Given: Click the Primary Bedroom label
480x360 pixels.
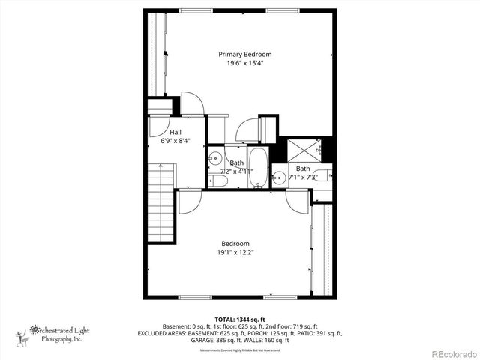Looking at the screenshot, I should (x=244, y=54).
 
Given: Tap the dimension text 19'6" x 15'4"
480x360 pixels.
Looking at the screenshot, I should (x=244, y=63).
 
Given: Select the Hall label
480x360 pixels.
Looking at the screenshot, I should (x=175, y=132).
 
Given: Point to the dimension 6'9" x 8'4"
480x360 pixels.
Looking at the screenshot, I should (x=175, y=140).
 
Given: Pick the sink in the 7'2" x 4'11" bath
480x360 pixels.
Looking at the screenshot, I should (x=214, y=157).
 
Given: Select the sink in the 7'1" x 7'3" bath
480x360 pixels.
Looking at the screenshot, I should (x=278, y=178).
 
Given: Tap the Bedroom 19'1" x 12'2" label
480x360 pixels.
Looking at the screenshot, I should (x=231, y=247).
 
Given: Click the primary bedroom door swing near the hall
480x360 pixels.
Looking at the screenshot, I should (x=192, y=103).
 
